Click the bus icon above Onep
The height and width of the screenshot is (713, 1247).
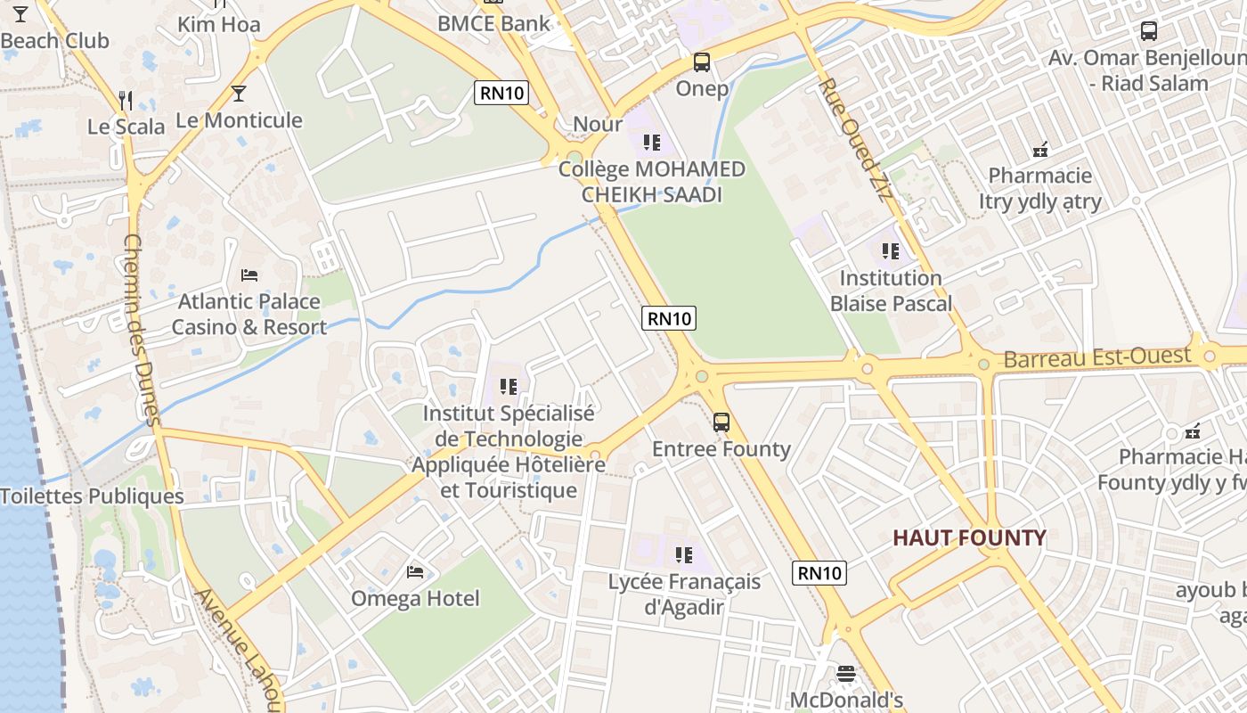702,62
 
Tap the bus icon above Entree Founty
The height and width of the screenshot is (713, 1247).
721,422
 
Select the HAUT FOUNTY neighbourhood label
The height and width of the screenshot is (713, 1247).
969,538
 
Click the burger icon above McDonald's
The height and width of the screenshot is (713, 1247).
846,674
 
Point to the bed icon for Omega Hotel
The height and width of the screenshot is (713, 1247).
415,571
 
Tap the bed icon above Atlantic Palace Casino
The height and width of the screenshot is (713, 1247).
249,275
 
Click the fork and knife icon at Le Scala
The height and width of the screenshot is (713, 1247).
126,100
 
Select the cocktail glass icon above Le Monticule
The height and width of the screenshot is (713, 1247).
239,94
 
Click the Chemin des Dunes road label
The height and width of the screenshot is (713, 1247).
141,330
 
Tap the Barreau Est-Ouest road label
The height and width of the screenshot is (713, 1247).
1096,358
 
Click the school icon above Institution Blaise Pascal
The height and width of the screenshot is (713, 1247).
890,251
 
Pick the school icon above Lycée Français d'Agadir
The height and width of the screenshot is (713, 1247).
684,555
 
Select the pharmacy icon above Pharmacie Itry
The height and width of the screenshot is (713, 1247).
1039,150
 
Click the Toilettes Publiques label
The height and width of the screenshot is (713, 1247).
92,496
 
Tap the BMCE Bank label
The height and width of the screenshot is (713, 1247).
493,23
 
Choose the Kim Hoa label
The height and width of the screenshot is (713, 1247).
219,24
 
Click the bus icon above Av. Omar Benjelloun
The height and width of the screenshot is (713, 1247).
1149,31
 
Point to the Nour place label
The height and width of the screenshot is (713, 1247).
598,124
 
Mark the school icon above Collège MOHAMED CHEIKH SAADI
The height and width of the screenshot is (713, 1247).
652,143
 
